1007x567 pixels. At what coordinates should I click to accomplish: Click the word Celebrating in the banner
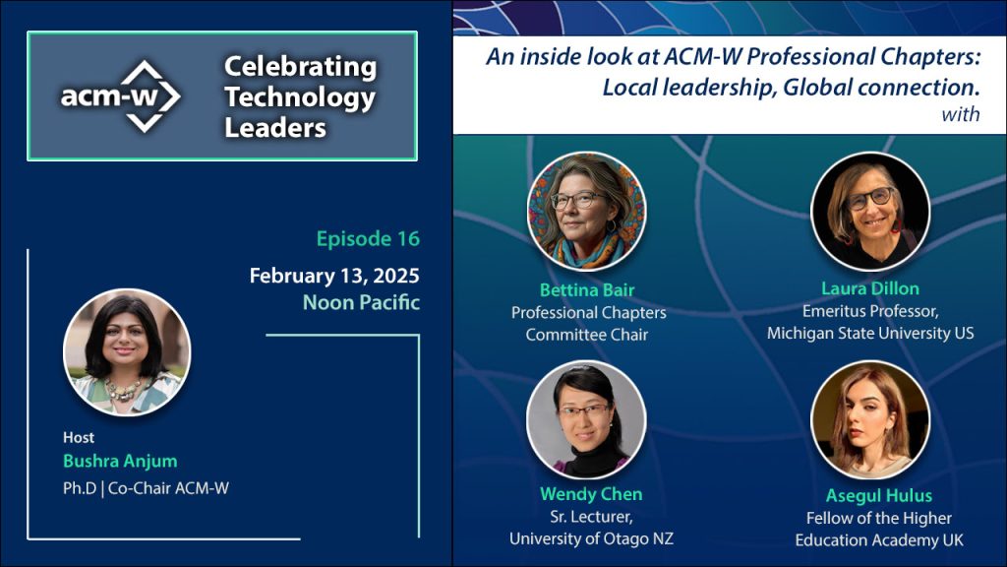point(300,67)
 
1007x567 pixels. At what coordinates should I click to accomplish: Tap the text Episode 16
point(368,238)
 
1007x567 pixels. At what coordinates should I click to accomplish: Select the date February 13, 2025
point(334,276)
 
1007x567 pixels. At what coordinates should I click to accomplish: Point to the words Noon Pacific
point(361,302)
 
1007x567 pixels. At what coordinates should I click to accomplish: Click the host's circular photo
point(127,352)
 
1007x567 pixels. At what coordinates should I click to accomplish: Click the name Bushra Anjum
point(120,461)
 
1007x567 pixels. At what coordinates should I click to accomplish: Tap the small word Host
point(79,438)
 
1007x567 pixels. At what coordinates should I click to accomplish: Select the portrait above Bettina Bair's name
point(586,211)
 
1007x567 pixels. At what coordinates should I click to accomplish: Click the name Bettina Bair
point(587,290)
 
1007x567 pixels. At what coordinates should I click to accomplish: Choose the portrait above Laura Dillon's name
point(870,211)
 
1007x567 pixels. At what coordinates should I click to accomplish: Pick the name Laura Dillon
point(870,288)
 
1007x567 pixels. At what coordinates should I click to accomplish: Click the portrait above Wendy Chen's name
point(586,419)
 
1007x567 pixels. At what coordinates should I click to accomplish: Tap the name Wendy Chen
point(591,494)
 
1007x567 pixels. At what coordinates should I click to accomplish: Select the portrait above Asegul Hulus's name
point(870,419)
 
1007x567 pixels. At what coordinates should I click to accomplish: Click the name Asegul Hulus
point(878,496)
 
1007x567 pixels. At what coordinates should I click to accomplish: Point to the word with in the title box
point(960,114)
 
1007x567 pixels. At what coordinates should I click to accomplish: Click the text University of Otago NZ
point(591,538)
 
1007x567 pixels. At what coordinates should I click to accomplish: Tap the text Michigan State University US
point(870,333)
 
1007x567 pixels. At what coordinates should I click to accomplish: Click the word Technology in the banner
point(299,97)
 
